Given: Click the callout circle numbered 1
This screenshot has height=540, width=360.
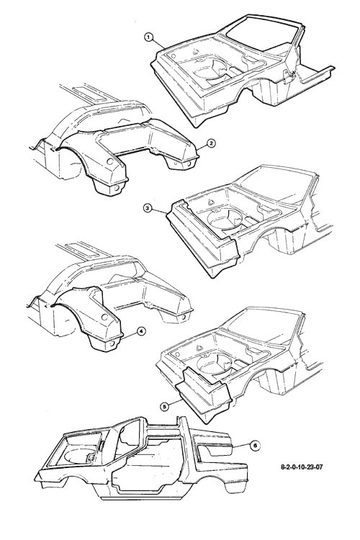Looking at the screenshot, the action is [148, 37].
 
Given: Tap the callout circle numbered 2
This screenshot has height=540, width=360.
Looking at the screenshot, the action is [211, 143].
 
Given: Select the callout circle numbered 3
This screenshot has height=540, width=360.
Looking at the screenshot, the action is [148, 208].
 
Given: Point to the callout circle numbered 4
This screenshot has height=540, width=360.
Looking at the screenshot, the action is [140, 331].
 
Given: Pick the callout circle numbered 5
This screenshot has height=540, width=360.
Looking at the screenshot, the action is [165, 406].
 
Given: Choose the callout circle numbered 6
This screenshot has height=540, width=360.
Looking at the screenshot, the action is [255, 445].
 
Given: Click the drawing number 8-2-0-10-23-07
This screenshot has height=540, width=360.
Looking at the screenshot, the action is [302, 467].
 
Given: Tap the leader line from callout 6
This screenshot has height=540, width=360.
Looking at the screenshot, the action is [241, 445].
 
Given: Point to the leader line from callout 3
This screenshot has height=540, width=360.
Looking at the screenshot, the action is [159, 211].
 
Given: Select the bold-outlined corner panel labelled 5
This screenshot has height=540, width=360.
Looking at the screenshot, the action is [202, 395].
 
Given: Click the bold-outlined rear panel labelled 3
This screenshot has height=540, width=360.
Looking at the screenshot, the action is [203, 238].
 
